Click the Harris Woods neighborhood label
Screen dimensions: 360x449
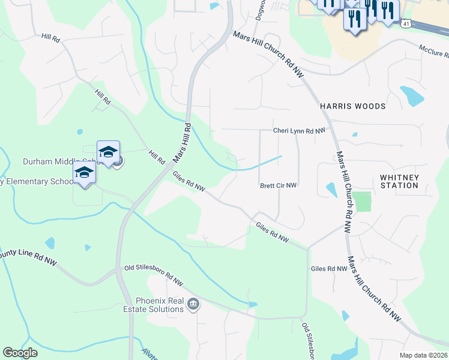[x=352, y=106]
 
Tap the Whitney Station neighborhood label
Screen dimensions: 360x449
[x=399, y=181]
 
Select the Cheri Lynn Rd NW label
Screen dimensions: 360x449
[x=299, y=130]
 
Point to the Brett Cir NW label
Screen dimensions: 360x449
[x=279, y=186]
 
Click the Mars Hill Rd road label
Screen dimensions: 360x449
[x=182, y=143]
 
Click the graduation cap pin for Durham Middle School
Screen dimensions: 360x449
[x=108, y=152]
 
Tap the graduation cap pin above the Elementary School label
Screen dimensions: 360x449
[x=84, y=173]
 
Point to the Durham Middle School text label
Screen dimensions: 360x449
[x=60, y=161]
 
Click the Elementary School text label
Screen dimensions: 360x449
[x=36, y=181]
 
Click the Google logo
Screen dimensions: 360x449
[x=20, y=353]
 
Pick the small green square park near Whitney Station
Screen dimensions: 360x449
[x=362, y=202]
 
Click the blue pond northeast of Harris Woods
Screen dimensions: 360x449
[x=412, y=95]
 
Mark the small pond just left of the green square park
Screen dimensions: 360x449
[x=331, y=190]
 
